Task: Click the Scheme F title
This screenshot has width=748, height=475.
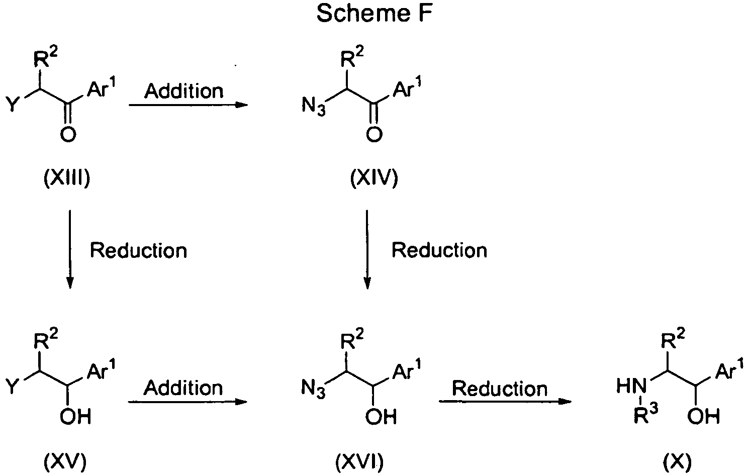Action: (375, 14)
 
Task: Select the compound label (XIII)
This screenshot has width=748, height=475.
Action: (67, 177)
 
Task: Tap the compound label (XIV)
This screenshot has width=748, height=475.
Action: (374, 177)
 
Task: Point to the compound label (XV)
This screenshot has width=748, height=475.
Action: (65, 462)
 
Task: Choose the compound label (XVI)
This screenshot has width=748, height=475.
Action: (359, 462)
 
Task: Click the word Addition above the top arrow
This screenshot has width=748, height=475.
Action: (183, 91)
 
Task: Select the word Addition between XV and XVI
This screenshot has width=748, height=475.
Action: (183, 388)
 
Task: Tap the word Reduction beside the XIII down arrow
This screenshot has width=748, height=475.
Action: (138, 250)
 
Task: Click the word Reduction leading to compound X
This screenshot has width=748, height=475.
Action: (500, 389)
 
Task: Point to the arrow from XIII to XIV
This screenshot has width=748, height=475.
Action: (189, 105)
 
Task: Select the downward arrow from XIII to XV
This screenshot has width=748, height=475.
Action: (69, 249)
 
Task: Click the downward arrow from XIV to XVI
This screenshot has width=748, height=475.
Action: (367, 249)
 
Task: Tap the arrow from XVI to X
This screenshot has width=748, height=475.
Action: (505, 401)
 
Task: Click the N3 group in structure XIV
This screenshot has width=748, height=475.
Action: (313, 106)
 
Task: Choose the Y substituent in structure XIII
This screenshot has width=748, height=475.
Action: (13, 104)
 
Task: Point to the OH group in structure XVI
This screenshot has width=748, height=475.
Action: (381, 417)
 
